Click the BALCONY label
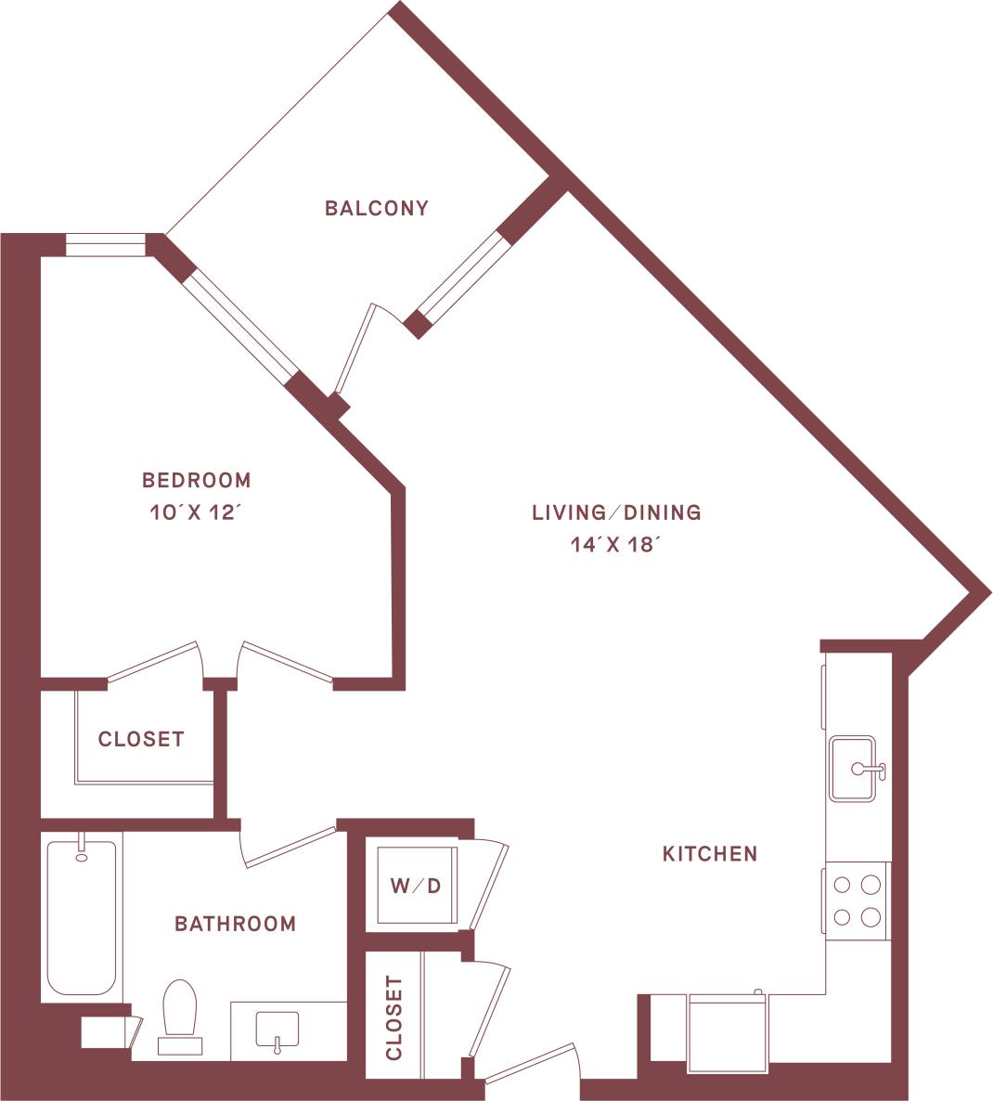click(x=376, y=208)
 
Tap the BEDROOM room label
click(x=196, y=480)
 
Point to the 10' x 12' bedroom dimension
click(x=196, y=512)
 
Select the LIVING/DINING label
click(x=616, y=512)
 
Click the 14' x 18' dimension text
click(x=616, y=545)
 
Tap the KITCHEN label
click(x=710, y=853)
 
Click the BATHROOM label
click(x=236, y=924)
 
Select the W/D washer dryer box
click(x=415, y=886)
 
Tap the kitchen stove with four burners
click(x=857, y=900)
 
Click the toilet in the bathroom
click(x=180, y=1014)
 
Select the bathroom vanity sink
click(x=276, y=1029)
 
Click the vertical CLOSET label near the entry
click(x=393, y=1017)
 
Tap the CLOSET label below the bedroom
click(x=141, y=739)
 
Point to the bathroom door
click(x=289, y=846)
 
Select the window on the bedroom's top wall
click(x=106, y=245)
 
